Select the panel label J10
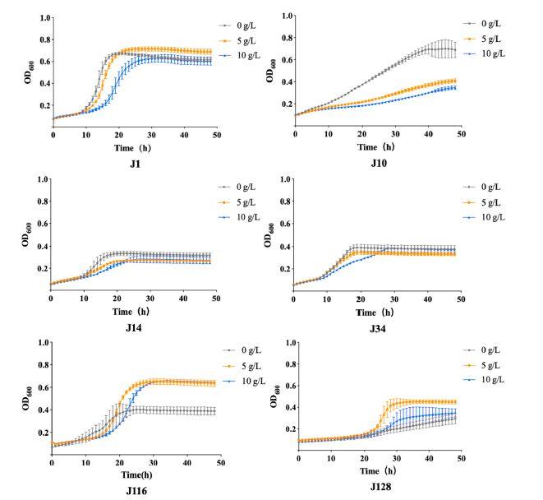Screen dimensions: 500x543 tap(379, 164)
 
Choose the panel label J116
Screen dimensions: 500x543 tap(135, 492)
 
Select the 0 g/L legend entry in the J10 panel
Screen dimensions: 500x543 tap(495, 24)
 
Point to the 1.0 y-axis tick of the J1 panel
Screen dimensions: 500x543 tap(44, 17)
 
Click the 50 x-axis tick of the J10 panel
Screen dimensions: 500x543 tap(460, 133)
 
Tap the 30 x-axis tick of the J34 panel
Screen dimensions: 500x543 tap(393, 296)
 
